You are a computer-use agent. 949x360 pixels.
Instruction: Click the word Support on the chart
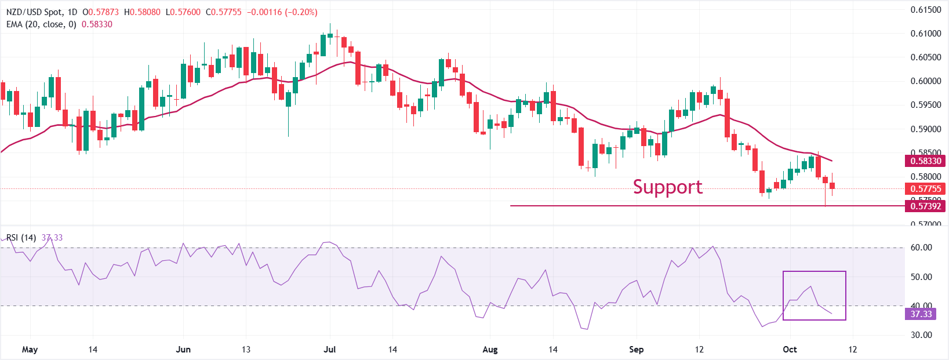coord(667,187)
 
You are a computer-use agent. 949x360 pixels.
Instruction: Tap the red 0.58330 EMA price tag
coord(925,161)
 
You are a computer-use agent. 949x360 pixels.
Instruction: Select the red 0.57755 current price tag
coord(925,189)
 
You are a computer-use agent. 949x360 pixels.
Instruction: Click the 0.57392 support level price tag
coord(925,206)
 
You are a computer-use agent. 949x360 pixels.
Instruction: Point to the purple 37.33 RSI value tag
coord(921,314)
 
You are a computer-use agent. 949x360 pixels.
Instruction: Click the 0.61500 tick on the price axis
coord(925,10)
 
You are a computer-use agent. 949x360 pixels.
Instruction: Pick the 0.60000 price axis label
coord(925,81)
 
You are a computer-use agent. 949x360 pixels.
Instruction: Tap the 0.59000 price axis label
coord(925,129)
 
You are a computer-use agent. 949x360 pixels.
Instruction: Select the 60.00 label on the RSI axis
coord(921,248)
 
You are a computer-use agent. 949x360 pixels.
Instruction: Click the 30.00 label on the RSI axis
coord(921,335)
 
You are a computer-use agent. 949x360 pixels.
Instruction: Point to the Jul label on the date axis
coord(330,350)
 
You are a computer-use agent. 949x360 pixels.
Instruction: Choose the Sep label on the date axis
coord(637,350)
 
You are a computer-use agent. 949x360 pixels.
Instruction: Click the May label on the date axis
coord(30,350)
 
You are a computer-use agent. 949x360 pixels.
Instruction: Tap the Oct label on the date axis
coord(790,350)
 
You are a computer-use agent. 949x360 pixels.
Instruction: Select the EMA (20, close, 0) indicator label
coord(41,24)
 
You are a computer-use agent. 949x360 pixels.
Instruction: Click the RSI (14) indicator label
coord(21,238)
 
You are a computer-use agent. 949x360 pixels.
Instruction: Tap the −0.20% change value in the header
coord(302,12)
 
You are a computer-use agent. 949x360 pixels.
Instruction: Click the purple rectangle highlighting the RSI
coord(814,296)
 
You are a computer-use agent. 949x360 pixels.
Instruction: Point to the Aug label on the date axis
coord(490,350)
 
